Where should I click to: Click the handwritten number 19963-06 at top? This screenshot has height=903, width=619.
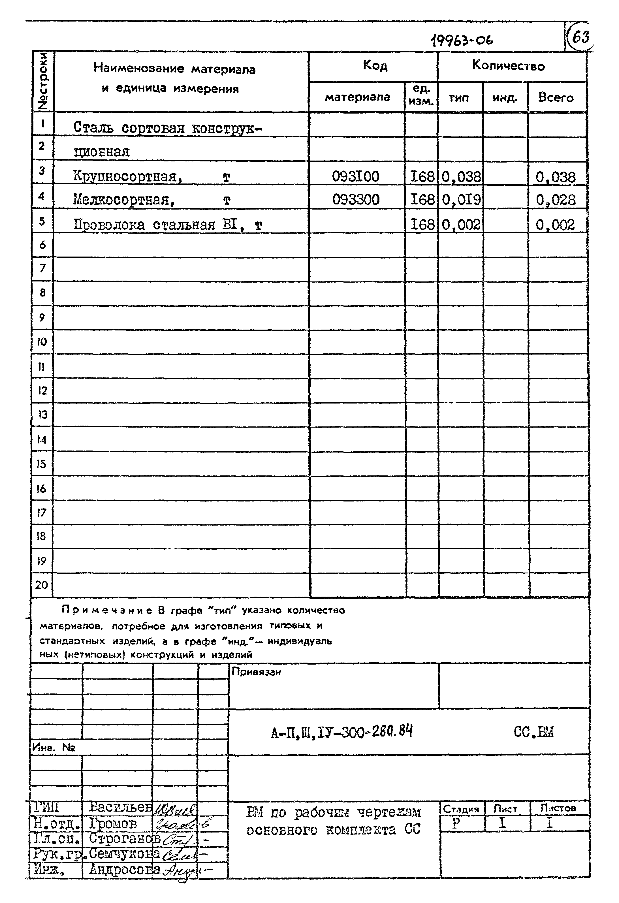[462, 39]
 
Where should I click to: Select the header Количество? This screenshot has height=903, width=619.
[508, 66]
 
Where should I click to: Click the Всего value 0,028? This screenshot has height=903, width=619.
[555, 200]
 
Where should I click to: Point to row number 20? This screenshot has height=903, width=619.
[42, 585]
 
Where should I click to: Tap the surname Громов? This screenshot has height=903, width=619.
[113, 823]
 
